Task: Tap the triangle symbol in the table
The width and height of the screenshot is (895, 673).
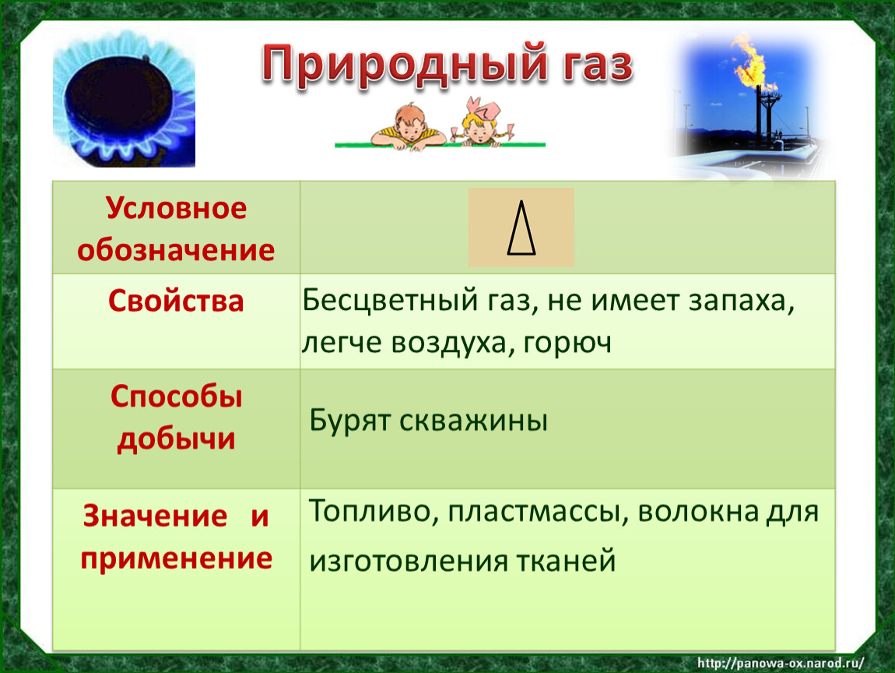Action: [x=521, y=227]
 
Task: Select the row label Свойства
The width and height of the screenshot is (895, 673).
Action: [x=176, y=301]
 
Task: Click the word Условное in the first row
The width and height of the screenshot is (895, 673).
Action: [x=176, y=208]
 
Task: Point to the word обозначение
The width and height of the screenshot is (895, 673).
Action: [x=176, y=250]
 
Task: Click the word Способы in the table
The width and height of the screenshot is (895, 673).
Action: [x=177, y=396]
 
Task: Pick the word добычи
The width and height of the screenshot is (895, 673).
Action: [x=177, y=439]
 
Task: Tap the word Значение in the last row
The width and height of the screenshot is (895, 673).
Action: [x=155, y=516]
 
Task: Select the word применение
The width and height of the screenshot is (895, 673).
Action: [x=177, y=558]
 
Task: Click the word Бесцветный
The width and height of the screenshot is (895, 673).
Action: [x=390, y=300]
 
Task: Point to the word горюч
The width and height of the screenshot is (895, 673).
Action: [x=567, y=343]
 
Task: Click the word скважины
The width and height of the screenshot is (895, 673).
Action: [x=473, y=421]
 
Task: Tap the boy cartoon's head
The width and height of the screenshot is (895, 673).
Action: [x=410, y=122]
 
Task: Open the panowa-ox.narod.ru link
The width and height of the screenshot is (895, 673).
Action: [x=781, y=663]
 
